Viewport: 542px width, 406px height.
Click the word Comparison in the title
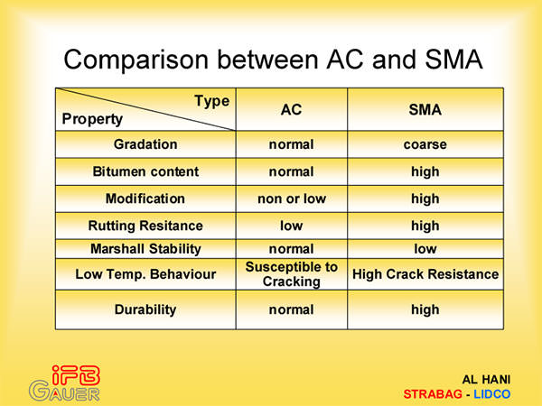(136, 60)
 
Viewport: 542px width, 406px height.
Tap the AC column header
(292, 110)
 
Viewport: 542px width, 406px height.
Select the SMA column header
(425, 110)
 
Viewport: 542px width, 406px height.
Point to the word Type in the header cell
(212, 101)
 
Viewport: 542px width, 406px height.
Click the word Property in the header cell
(92, 119)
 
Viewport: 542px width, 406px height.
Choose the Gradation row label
(145, 144)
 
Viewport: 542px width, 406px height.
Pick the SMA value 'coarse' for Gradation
(425, 144)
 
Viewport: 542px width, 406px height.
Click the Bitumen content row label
(145, 171)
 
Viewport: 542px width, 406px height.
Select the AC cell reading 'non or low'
(292, 198)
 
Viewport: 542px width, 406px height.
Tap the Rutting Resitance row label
(145, 226)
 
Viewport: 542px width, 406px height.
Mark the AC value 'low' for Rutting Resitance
(292, 226)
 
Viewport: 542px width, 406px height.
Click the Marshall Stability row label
(145, 249)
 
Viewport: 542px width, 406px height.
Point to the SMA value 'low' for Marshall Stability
(425, 249)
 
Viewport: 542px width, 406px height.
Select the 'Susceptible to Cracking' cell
(292, 274)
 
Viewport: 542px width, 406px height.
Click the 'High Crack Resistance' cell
(425, 274)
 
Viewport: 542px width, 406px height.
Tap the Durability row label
(145, 309)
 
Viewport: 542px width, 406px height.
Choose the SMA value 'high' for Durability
(425, 309)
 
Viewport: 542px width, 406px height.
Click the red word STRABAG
(433, 394)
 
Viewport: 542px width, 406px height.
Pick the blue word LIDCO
(492, 394)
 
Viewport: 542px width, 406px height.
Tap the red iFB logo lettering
(76, 375)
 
